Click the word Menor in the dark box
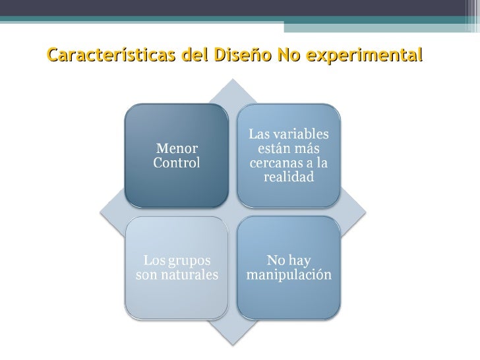176,149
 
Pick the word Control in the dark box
176,163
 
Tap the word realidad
288,177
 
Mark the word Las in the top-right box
259,135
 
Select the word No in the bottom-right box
276,260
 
